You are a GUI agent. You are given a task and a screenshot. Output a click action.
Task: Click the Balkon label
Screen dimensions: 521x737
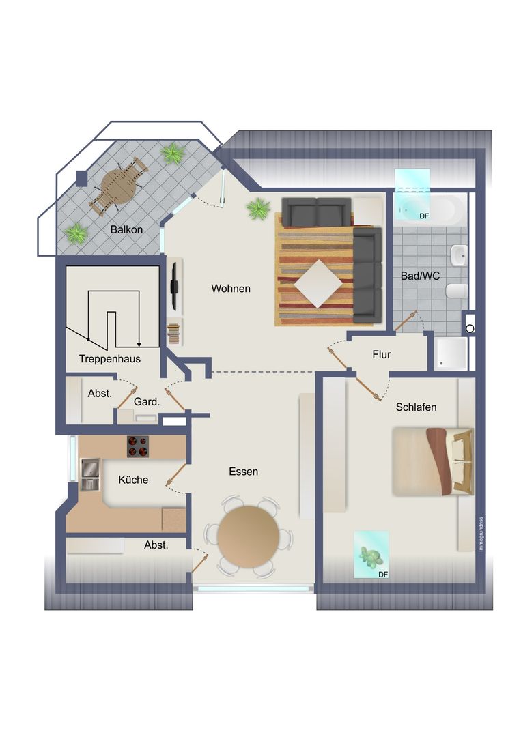click(x=126, y=230)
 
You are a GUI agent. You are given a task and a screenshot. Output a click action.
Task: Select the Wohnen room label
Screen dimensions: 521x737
click(x=230, y=289)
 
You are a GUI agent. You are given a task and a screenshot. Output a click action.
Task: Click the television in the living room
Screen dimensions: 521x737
click(x=174, y=285)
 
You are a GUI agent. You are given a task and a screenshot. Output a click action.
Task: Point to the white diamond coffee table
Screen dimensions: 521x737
click(x=318, y=284)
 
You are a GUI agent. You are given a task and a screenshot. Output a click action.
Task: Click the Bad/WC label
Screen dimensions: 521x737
click(x=420, y=276)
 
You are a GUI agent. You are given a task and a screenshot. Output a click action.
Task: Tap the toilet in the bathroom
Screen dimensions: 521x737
click(x=457, y=291)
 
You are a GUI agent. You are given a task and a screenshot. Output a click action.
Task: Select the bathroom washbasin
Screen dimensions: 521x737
click(x=458, y=256)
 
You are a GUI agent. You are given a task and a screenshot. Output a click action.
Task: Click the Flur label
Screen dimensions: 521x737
click(x=381, y=354)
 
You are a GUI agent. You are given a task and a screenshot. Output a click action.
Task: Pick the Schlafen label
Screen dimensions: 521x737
click(x=416, y=407)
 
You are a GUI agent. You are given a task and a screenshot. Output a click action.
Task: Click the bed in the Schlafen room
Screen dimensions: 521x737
click(x=433, y=461)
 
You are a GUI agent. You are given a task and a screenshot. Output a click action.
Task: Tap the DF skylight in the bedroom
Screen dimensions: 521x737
click(x=371, y=555)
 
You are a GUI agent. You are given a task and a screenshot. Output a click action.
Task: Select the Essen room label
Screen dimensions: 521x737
click(x=244, y=472)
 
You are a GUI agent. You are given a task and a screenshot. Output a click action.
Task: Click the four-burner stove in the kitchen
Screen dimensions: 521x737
click(x=138, y=446)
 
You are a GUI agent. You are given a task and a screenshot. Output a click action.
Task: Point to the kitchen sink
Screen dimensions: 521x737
click(x=90, y=475)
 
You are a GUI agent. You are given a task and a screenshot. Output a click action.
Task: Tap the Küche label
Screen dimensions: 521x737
click(x=133, y=480)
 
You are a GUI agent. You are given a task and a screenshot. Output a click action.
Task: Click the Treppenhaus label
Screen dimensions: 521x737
click(x=109, y=359)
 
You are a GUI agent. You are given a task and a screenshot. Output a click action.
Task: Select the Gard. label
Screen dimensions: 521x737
click(x=147, y=402)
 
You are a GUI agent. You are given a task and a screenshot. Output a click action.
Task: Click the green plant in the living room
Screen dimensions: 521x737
click(x=258, y=209)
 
